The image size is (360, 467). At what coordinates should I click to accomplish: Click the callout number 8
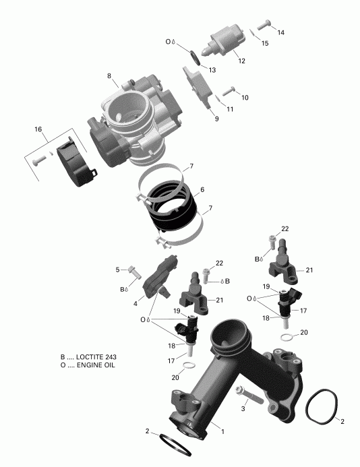click(x=109, y=75)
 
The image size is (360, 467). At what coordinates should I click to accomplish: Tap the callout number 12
click(x=241, y=61)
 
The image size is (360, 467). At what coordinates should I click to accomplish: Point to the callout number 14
click(x=280, y=32)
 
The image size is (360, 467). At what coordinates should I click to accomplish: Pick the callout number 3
click(x=243, y=408)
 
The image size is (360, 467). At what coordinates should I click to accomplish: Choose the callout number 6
click(x=202, y=190)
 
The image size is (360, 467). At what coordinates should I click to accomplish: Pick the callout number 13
click(x=212, y=70)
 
